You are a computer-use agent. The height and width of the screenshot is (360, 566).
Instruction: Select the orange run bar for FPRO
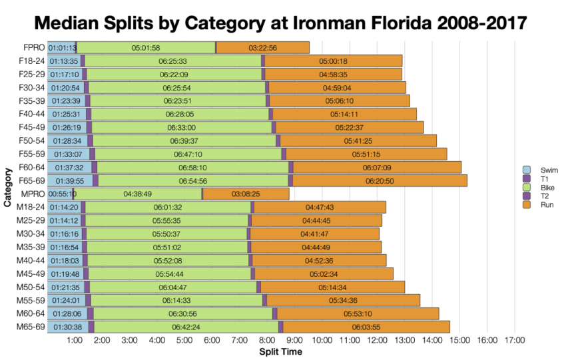pyautogui.click(x=263, y=47)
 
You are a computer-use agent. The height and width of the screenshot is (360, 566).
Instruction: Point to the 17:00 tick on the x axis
pyautogui.click(x=514, y=341)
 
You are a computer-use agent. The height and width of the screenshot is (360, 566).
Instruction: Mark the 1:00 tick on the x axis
pyautogui.click(x=75, y=341)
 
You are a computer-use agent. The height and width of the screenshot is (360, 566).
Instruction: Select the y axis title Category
pyautogui.click(x=7, y=187)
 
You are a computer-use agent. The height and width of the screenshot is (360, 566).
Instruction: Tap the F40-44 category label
pyautogui.click(x=31, y=114)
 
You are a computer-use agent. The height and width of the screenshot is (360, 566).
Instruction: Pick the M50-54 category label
pyautogui.click(x=31, y=287)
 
